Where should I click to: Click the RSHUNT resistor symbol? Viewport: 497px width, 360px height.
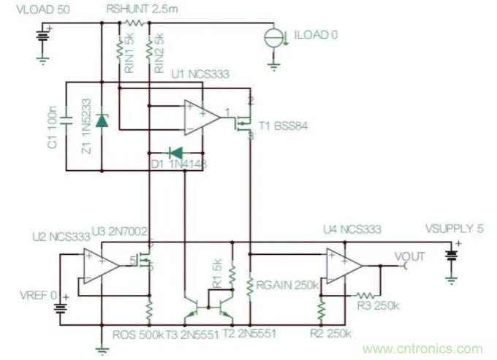(134, 23)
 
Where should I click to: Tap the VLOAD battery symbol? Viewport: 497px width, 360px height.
(43, 34)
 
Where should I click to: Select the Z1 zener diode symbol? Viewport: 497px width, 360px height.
(101, 120)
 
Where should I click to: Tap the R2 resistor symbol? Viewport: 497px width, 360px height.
(320, 311)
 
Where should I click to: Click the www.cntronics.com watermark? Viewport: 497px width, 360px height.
(422, 349)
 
